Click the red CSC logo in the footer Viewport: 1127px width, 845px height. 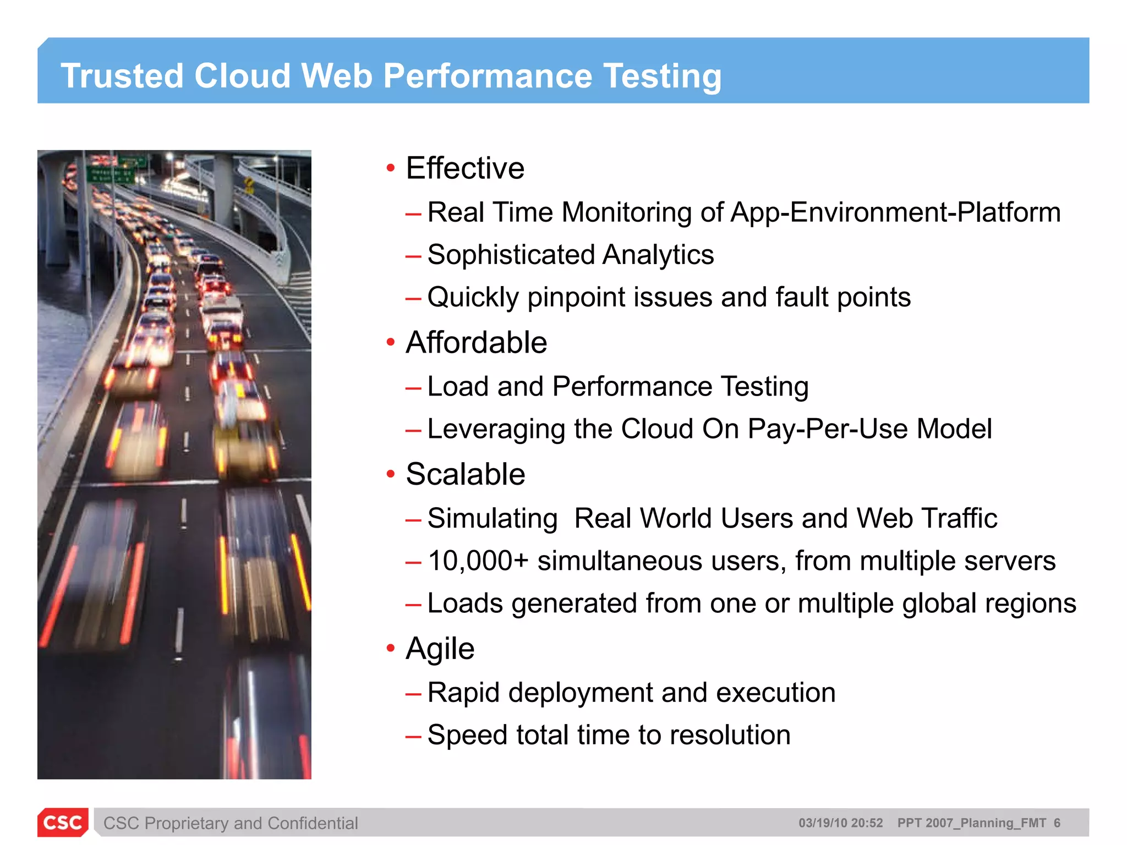63,822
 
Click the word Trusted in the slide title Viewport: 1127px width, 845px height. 122,75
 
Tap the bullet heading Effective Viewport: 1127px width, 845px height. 465,168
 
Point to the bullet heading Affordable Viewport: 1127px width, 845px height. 476,342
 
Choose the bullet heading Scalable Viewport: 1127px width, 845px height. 466,474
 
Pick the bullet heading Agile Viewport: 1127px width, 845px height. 440,649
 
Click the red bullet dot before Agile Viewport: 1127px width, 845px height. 391,648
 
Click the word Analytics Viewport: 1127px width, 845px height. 658,255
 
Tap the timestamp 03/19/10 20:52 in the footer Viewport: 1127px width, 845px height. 840,823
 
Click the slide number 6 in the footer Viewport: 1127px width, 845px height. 1057,823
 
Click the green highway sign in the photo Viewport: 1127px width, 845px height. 110,175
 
